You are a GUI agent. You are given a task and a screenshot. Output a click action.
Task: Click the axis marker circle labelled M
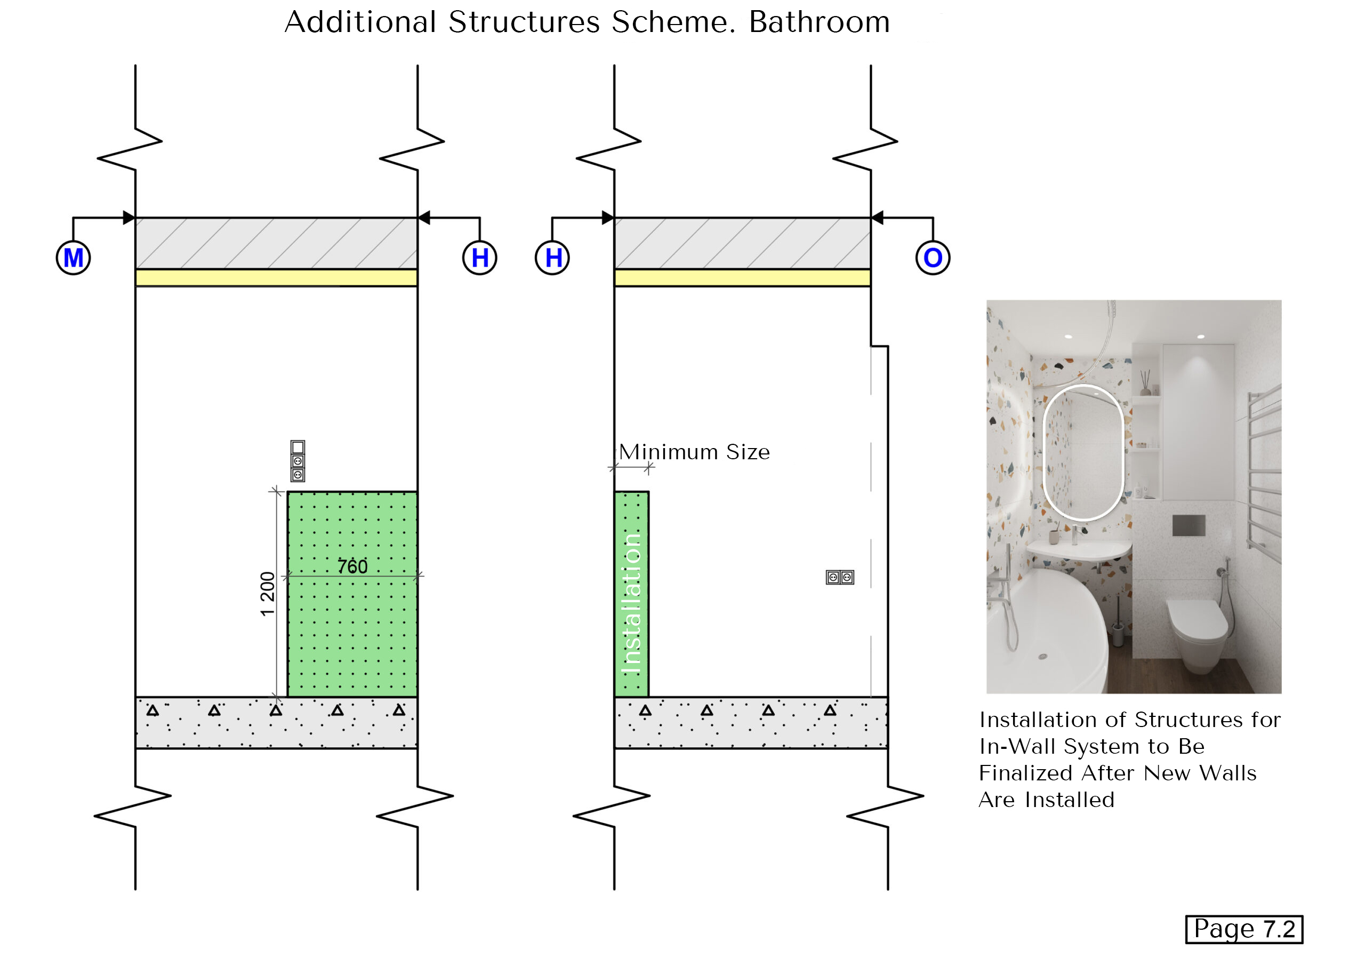pos(73,258)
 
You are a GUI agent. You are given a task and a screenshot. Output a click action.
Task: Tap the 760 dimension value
pos(352,566)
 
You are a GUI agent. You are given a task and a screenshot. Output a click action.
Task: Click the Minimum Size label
pos(694,452)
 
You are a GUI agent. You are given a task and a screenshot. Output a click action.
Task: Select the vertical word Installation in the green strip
pos(631,603)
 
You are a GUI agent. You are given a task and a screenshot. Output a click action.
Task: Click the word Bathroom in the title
pos(818,22)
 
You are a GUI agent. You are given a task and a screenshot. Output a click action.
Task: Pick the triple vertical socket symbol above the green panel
pos(298,461)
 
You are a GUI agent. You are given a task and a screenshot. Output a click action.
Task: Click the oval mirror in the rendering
pos(1082,452)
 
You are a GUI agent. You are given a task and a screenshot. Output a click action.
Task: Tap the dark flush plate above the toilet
pos(1189,525)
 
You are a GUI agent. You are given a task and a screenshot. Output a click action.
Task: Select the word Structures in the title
pos(524,22)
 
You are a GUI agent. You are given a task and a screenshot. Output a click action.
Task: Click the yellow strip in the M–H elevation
pos(276,278)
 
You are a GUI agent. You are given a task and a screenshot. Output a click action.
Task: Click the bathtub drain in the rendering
pos(1043,657)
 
